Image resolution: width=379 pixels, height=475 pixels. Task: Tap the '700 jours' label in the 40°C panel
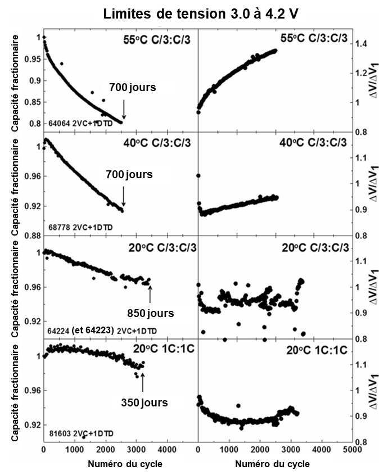(129, 175)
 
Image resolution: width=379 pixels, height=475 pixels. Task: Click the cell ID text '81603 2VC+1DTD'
(81, 434)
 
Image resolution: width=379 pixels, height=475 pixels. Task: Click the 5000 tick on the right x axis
(351, 450)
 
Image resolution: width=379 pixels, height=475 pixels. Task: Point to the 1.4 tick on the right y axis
(365, 43)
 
